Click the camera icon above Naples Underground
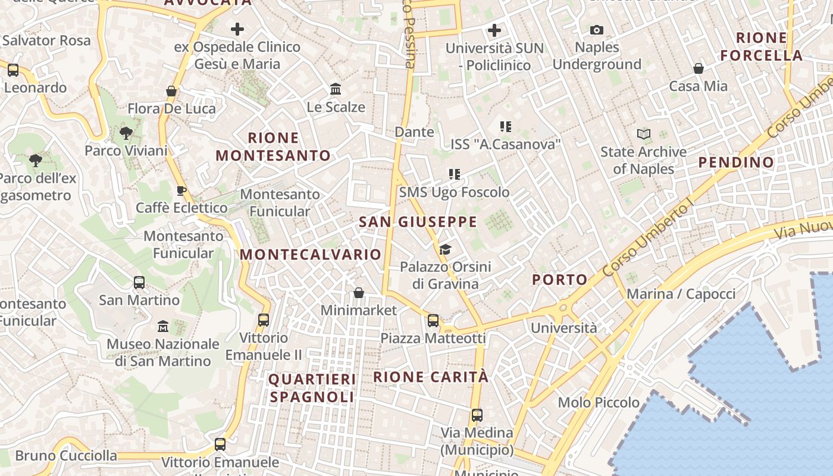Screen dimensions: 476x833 pos(596,30)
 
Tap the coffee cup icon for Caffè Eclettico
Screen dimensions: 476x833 pos(181,190)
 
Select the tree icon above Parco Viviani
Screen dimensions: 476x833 pos(126,133)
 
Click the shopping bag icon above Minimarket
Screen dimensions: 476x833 pos(358,293)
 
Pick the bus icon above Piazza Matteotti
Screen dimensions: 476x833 pos(433,321)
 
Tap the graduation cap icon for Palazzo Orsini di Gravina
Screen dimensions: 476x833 pos(445,249)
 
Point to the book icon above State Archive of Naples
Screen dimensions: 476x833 pos(643,134)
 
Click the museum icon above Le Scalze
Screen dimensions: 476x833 pos(336,89)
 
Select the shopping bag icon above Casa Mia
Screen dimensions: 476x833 pos(699,68)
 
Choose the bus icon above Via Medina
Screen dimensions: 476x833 pos(477,415)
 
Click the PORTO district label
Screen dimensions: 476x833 pos(560,280)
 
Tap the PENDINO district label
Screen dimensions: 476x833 pos(736,162)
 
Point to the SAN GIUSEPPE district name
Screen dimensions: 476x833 pos(418,222)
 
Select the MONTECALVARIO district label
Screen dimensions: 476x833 pos(310,255)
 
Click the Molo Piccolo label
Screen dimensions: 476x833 pos(599,403)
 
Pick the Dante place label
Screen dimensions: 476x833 pos(415,131)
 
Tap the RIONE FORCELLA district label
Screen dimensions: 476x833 pos(762,46)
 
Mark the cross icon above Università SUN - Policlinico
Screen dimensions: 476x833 pos(494,30)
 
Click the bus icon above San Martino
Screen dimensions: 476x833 pos(139,283)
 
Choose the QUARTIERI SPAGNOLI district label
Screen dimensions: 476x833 pos(312,388)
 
